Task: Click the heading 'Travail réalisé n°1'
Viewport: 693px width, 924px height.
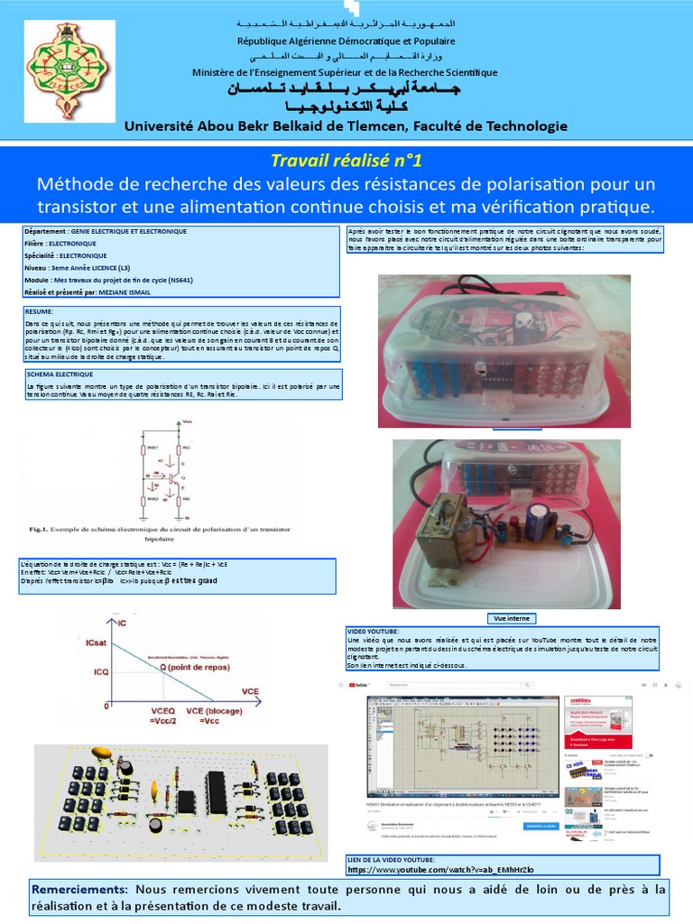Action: [346, 161]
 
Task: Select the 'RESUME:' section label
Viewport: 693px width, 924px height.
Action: [41, 310]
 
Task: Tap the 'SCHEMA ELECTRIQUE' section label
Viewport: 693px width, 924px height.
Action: [60, 373]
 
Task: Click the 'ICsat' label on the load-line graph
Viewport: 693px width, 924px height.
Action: [99, 642]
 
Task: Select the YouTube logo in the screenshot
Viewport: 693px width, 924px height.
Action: [366, 685]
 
